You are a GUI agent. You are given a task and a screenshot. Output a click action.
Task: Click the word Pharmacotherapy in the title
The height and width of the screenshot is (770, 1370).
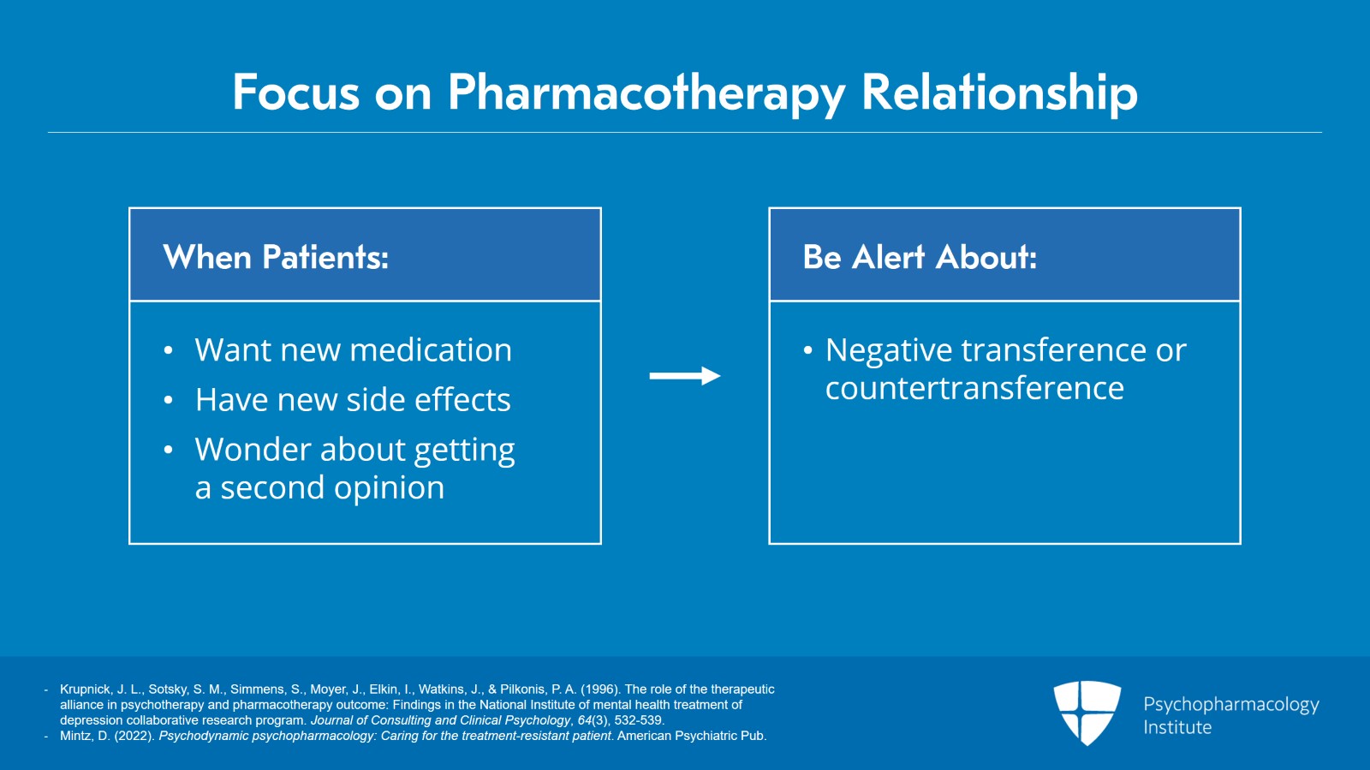(646, 93)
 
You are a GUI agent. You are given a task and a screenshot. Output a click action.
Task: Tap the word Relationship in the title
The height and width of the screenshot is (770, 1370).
(999, 93)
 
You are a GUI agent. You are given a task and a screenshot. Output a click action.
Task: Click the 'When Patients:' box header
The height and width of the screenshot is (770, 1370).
(276, 257)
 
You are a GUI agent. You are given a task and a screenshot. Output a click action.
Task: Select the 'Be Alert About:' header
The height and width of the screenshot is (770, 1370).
(920, 257)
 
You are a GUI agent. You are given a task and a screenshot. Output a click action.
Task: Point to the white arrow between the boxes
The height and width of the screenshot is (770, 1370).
(684, 376)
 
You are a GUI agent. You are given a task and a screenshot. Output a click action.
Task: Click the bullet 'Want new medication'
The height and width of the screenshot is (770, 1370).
(353, 350)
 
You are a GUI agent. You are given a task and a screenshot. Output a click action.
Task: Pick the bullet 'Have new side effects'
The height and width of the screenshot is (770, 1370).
(353, 400)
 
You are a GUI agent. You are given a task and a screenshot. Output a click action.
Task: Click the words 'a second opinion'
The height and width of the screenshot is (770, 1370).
(319, 487)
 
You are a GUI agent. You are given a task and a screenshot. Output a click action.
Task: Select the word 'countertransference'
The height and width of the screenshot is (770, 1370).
(974, 388)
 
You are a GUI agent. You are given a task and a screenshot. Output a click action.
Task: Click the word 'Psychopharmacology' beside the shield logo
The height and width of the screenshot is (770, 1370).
(1230, 704)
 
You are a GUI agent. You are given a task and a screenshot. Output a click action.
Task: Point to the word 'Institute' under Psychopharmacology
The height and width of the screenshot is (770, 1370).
(1177, 727)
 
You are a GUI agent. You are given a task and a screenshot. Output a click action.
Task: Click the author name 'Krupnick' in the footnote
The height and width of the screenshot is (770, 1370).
(85, 689)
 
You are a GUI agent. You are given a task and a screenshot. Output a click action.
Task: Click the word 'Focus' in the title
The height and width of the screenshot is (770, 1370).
(295, 93)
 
